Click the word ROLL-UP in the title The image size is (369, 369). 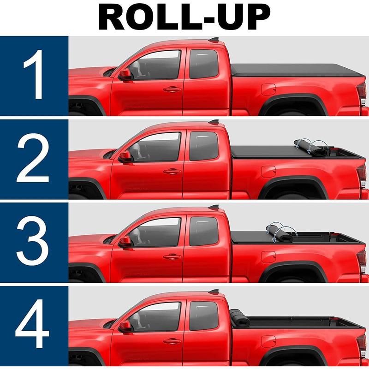coord(184,17)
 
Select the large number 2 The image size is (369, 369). coord(33,158)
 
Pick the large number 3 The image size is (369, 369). coord(32,241)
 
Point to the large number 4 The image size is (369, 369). coord(32,324)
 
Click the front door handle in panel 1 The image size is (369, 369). coord(172,89)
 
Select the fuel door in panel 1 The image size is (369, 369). coord(268,89)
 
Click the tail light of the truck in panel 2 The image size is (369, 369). coord(363,173)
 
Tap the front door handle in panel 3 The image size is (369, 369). coord(172,257)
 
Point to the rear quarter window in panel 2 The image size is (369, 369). coord(203,146)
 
